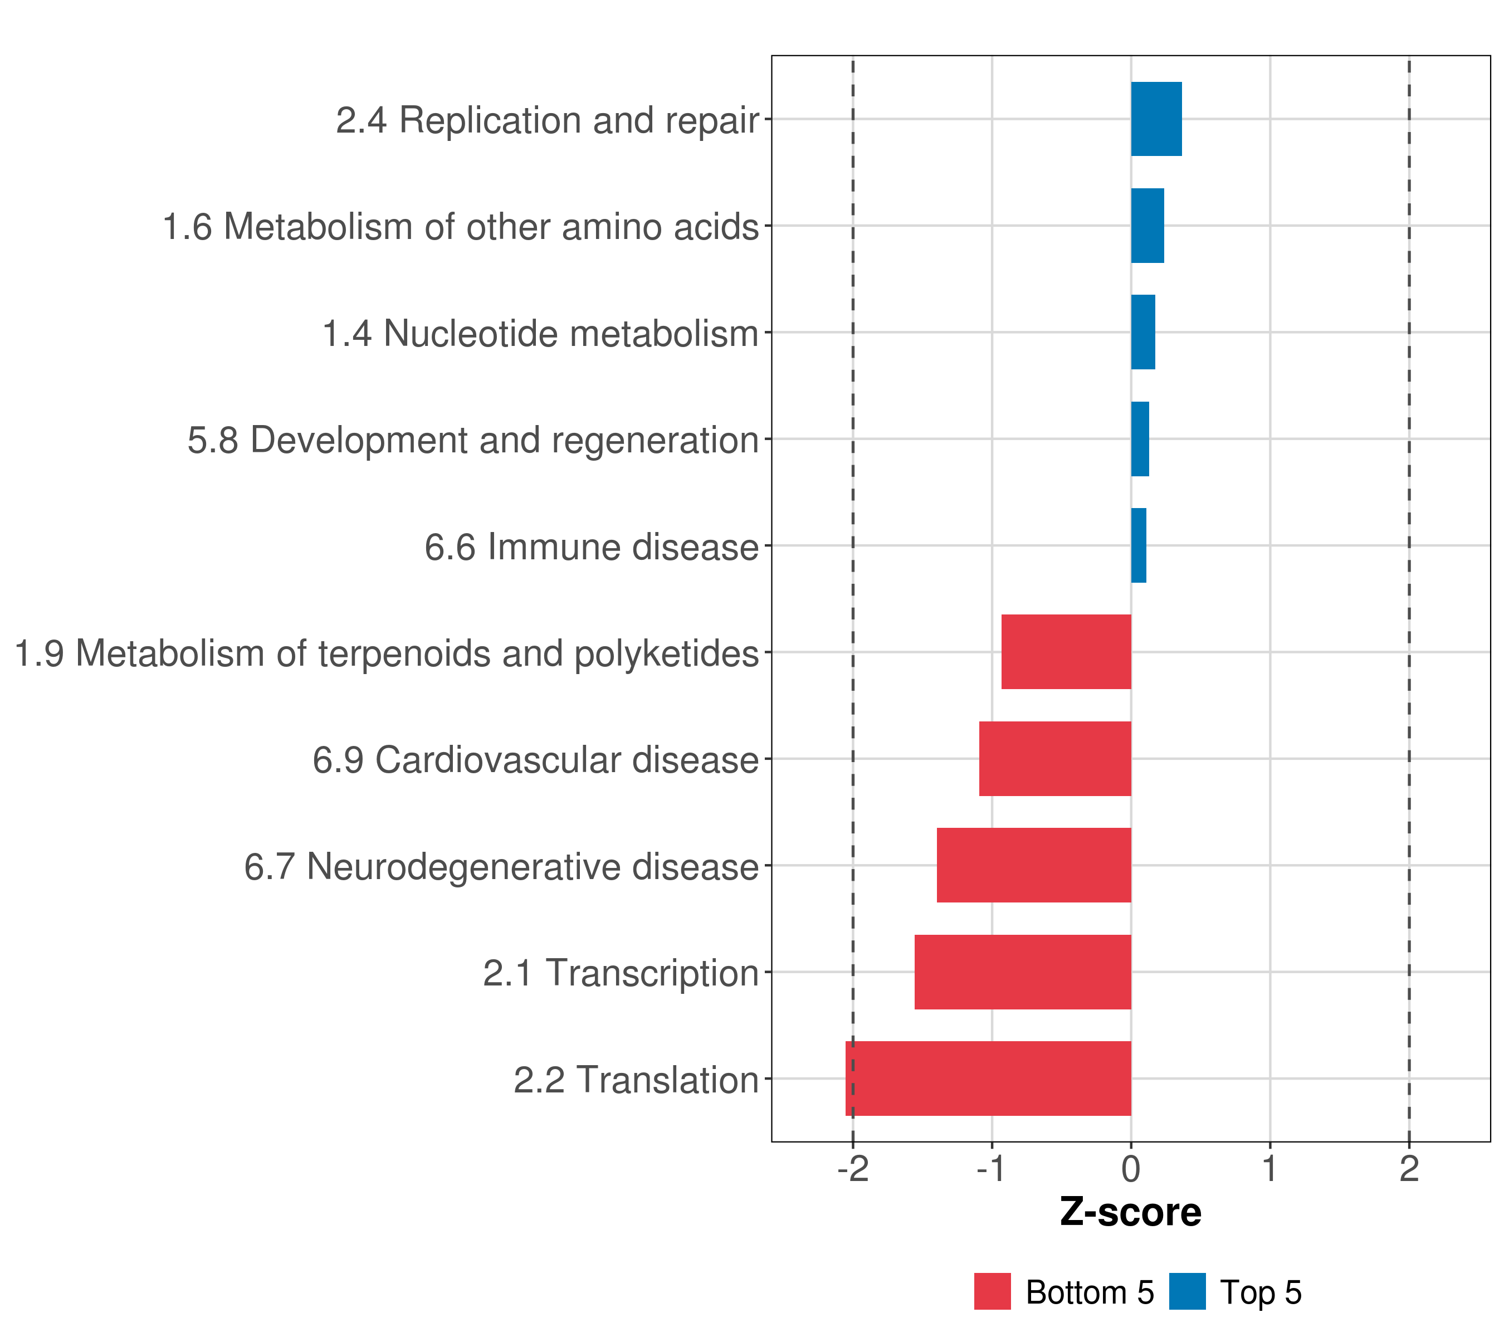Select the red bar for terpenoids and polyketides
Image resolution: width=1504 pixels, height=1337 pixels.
click(1066, 652)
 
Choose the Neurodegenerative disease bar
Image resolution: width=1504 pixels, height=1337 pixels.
click(1034, 865)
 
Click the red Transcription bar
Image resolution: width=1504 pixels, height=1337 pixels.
click(1023, 972)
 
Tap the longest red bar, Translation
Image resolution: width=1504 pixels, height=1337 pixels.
click(988, 1079)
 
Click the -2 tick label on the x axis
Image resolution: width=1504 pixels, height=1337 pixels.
click(853, 1169)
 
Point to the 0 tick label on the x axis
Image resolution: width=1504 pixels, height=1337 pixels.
click(1131, 1169)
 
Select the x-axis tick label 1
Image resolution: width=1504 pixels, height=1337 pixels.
click(1270, 1169)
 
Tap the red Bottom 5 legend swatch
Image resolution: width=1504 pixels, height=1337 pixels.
click(993, 1291)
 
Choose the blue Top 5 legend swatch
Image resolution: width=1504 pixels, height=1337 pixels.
click(1188, 1291)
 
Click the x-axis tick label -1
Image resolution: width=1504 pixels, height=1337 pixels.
click(992, 1169)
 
